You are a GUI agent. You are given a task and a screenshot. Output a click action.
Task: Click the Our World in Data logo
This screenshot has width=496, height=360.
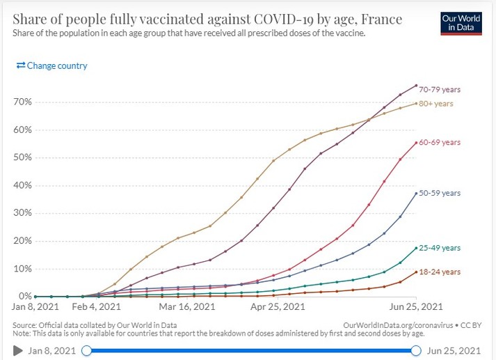pyautogui.click(x=459, y=22)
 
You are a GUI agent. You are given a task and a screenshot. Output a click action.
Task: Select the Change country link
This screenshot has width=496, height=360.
pyautogui.click(x=52, y=65)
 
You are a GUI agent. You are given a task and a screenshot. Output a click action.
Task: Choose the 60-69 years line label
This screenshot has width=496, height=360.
pyautogui.click(x=441, y=143)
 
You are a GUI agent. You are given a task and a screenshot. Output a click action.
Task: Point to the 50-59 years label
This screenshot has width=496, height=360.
pyautogui.click(x=441, y=193)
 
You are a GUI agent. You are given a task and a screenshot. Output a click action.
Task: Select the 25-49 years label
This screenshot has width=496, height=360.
pyautogui.click(x=441, y=248)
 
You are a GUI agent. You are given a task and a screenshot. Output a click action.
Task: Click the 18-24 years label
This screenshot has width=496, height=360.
pyautogui.click(x=441, y=272)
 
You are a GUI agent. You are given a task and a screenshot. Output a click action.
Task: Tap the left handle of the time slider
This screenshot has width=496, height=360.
pyautogui.click(x=86, y=350)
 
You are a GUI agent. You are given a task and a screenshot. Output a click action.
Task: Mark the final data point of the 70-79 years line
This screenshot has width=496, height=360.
pyautogui.click(x=416, y=86)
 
